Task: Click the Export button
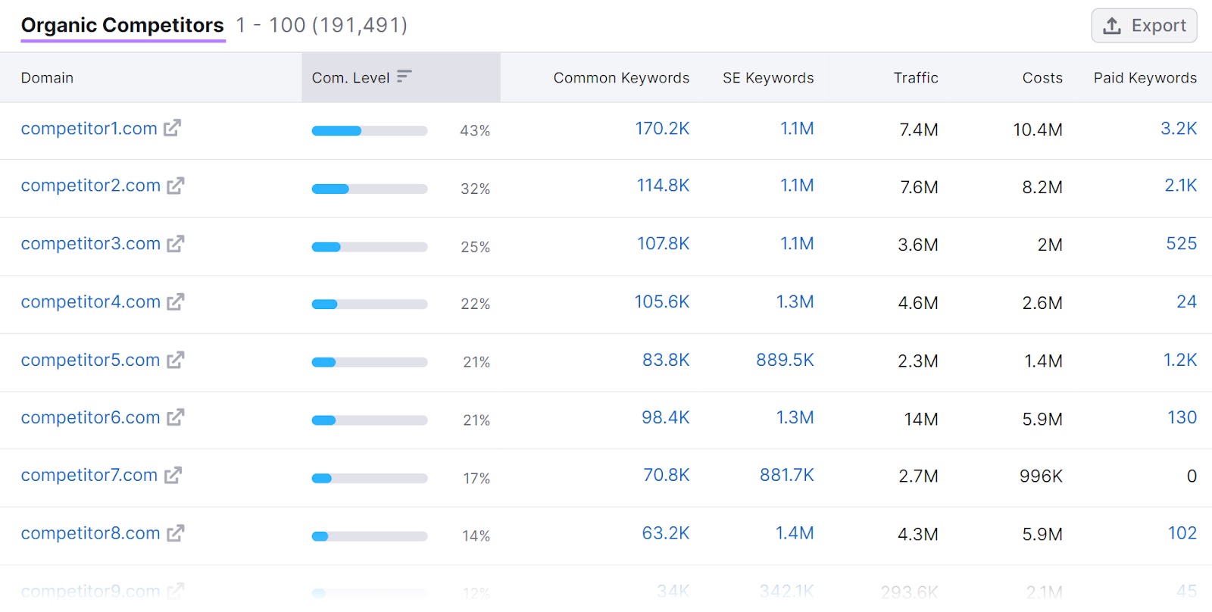click(1144, 26)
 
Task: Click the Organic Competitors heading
click(122, 25)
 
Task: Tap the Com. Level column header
click(350, 77)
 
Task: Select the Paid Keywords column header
click(1145, 77)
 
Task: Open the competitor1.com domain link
click(89, 129)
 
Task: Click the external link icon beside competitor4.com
click(176, 302)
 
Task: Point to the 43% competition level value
click(475, 130)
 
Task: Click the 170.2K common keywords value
click(662, 129)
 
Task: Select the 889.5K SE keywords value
click(785, 360)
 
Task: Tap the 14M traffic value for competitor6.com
click(920, 419)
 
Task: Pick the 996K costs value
click(1041, 476)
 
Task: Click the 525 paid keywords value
click(1181, 244)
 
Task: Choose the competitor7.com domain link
click(89, 476)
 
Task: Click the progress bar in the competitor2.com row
click(370, 189)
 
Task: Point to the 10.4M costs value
click(1037, 130)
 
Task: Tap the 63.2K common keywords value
click(665, 533)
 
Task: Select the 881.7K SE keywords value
click(786, 475)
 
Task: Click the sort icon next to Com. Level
click(404, 76)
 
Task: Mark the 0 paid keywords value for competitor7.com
click(1191, 476)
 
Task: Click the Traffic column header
click(915, 77)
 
